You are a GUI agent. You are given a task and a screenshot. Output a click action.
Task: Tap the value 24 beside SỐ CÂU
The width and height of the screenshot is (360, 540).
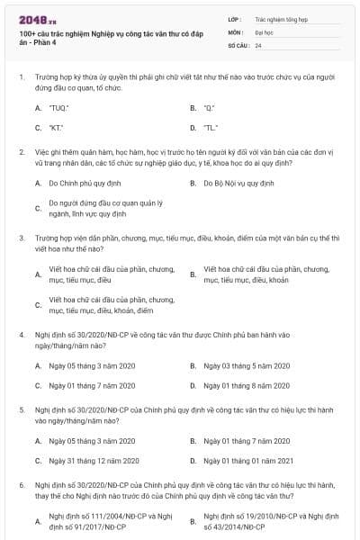258,44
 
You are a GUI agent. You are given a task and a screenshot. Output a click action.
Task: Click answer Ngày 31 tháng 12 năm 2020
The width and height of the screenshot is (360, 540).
93,461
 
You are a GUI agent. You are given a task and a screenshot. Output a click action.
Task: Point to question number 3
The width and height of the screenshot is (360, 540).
21,238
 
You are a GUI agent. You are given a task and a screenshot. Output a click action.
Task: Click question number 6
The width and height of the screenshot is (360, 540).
21,483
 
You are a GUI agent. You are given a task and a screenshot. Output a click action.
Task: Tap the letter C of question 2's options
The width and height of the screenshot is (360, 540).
38,209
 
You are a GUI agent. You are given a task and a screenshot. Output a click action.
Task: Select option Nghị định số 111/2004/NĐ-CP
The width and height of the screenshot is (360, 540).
97,519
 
